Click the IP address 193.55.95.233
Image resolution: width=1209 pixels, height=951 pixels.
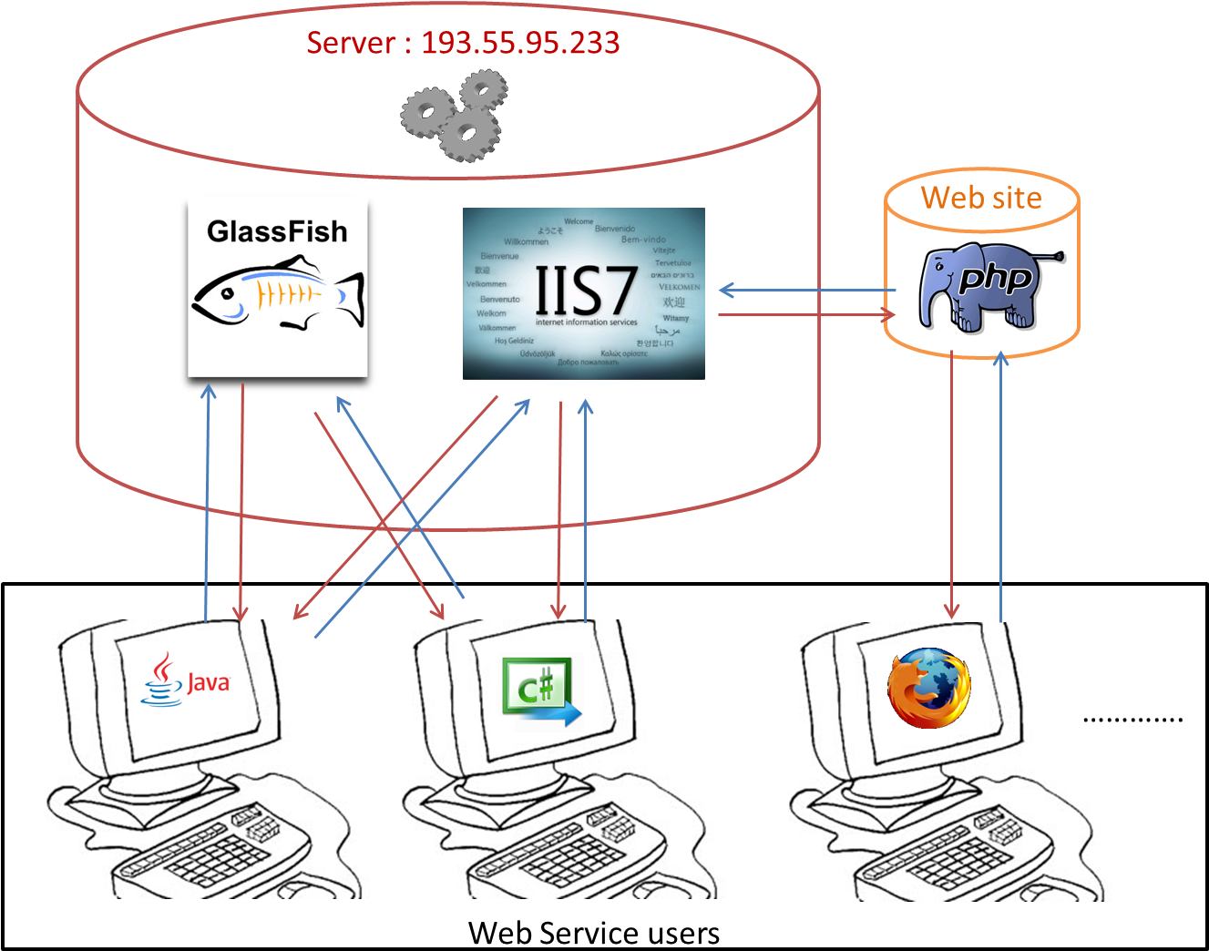pos(520,43)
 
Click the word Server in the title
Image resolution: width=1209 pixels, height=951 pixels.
pos(351,43)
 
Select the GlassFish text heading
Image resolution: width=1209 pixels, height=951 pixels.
pos(277,231)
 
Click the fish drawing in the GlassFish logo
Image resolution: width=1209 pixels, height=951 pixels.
pos(277,293)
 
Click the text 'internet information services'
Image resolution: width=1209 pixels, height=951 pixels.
pos(586,322)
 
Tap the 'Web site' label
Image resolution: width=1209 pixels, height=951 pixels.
pos(981,198)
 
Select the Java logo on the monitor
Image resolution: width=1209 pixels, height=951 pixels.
pos(187,680)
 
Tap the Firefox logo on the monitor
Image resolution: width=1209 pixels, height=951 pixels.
pos(929,688)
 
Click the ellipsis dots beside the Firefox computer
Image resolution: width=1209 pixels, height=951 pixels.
pos(1096,720)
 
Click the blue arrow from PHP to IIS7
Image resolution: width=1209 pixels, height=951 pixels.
pos(806,291)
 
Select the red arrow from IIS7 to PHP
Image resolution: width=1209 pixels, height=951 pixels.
pos(806,315)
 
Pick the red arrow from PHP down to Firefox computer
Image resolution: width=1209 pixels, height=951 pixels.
pos(952,483)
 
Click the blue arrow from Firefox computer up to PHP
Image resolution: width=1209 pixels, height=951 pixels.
pos(1001,483)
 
